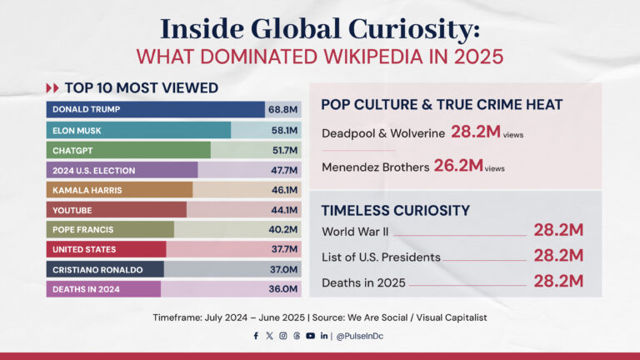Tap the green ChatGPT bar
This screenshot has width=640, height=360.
(129, 150)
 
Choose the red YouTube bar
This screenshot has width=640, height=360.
(117, 210)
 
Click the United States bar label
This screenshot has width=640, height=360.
(84, 249)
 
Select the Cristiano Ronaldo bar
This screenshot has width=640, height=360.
(105, 269)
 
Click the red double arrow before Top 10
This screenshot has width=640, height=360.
(52, 87)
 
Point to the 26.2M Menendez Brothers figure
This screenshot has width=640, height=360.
(458, 166)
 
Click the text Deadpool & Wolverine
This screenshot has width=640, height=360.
(382, 132)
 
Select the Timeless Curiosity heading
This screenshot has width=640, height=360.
(396, 210)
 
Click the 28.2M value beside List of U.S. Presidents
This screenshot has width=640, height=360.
(557, 256)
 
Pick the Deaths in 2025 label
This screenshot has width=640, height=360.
(363, 282)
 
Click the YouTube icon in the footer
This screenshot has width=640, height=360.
(310, 336)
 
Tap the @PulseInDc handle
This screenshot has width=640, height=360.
(361, 336)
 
